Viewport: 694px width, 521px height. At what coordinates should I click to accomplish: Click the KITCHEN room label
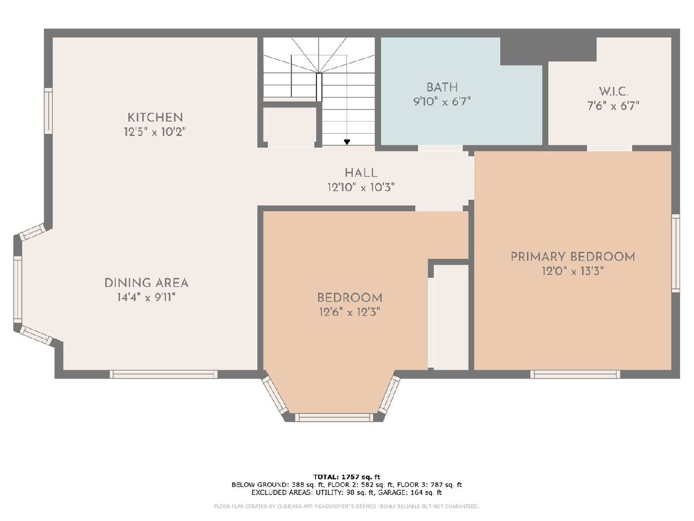point(155,118)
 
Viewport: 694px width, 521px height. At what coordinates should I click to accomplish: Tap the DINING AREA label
point(146,283)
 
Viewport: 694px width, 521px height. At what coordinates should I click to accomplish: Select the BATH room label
point(442,87)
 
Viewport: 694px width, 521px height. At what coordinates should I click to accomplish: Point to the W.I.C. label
point(614,91)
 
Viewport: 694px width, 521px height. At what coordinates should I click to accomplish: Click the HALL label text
point(361,173)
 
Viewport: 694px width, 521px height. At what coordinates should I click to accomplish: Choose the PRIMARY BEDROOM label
point(573,256)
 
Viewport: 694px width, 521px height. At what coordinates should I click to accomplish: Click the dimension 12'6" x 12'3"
point(349,313)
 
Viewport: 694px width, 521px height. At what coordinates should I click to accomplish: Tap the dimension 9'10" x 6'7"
point(442,101)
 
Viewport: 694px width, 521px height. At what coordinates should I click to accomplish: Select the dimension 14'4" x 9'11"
point(146,298)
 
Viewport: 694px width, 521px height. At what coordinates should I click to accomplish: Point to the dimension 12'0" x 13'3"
point(573,271)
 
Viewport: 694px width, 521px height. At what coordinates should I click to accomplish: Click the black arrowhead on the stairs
point(347,142)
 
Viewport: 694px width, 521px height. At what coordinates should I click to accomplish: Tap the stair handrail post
point(319,87)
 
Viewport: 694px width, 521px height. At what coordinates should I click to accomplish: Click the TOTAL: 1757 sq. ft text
point(346,476)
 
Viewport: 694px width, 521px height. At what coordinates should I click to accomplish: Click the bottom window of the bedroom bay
point(334,417)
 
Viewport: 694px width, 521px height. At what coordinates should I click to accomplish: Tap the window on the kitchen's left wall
point(48,111)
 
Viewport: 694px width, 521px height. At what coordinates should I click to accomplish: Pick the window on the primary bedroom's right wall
point(675,253)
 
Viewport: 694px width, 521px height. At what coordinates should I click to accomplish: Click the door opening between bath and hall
point(441,148)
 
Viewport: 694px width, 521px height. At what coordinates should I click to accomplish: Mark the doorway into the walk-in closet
point(610,148)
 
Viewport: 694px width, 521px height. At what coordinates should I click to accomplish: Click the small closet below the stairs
point(290,127)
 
